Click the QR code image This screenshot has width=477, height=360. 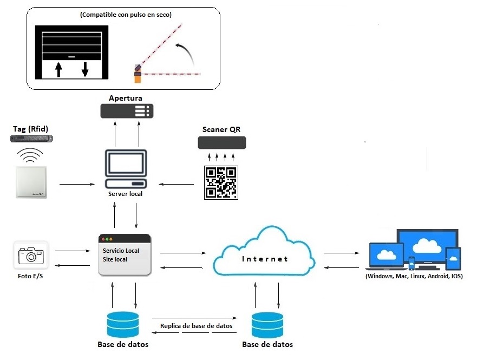coord(220,182)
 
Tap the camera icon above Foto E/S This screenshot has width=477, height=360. coord(31,255)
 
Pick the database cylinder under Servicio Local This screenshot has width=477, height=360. coord(123,324)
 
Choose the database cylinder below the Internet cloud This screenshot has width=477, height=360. coord(267,325)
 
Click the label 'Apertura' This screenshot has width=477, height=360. coord(126,99)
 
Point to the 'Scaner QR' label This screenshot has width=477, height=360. coord(221,129)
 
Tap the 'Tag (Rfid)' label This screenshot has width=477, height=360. coord(31,129)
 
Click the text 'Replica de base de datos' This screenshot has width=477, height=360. coord(196,326)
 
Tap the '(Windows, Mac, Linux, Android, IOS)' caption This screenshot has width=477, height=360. coord(414,276)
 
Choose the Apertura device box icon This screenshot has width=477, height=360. coord(127,112)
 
